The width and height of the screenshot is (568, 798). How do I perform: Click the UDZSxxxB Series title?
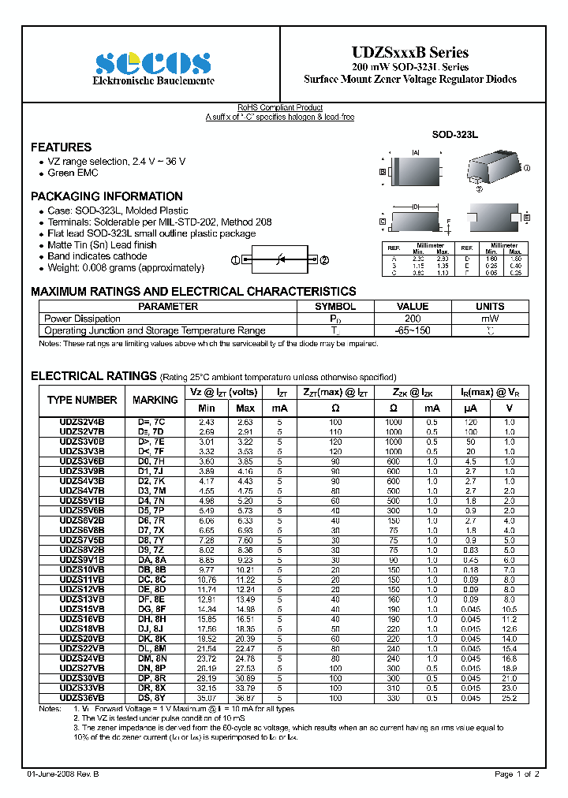pos(409,52)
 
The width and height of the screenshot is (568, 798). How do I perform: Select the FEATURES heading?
pos(61,147)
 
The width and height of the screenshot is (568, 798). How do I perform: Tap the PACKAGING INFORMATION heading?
pos(106,196)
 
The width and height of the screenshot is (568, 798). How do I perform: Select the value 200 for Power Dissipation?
pos(412,319)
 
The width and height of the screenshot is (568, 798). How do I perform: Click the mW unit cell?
pos(490,319)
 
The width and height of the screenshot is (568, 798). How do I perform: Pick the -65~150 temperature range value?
pos(412,331)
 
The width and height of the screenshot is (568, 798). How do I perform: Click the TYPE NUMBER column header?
pos(82,400)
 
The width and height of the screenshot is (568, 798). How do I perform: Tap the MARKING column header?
pos(155,400)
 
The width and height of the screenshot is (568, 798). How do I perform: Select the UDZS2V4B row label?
pos(82,423)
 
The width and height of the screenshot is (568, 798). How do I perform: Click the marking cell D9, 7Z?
pos(151,549)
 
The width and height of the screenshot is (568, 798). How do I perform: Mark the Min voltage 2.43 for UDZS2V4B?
pos(207,423)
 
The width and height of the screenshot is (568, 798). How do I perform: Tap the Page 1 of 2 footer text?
pos(517,775)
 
